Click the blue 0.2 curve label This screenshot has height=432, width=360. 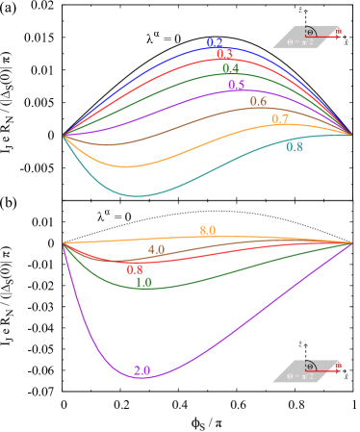click(215, 43)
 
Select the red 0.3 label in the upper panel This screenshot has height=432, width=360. click(224, 55)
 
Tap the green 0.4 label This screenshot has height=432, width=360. click(231, 69)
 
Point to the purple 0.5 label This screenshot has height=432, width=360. click(237, 86)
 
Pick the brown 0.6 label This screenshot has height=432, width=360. click(258, 102)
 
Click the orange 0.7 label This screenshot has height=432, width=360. click(280, 119)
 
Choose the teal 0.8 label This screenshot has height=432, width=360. click(295, 147)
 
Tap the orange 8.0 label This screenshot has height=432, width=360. click(208, 231)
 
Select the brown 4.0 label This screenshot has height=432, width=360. click(156, 250)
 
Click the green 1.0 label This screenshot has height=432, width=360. click(143, 283)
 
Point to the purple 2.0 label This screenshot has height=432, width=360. click(141, 370)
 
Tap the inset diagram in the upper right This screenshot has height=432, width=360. click(307, 37)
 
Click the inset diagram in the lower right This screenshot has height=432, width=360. click(307, 371)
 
